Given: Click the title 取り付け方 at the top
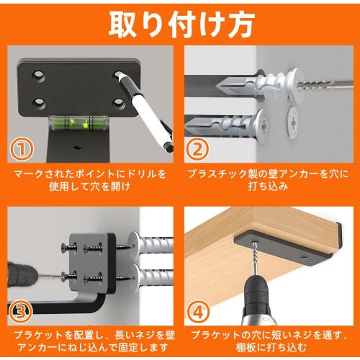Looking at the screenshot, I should tap(180, 23).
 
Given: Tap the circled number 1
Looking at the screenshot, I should tap(23, 149).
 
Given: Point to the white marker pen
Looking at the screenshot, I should tap(148, 108).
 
